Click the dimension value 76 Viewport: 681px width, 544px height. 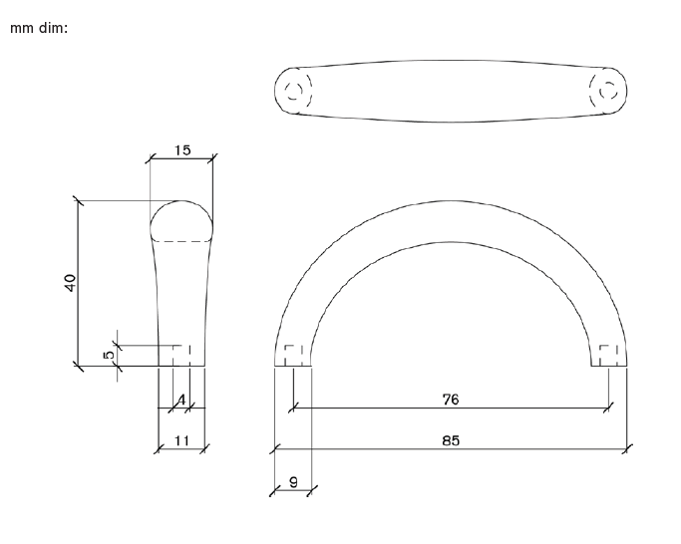pyautogui.click(x=451, y=399)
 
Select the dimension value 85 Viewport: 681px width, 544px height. pyautogui.click(x=451, y=439)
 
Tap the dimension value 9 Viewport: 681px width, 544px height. pyautogui.click(x=293, y=481)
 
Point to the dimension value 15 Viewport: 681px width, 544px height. pyautogui.click(x=181, y=150)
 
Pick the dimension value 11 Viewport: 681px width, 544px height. pyautogui.click(x=181, y=439)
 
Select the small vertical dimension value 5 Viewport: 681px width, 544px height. pyautogui.click(x=110, y=353)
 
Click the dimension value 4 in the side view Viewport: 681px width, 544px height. pyautogui.click(x=181, y=400)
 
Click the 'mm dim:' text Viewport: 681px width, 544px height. pyautogui.click(x=38, y=28)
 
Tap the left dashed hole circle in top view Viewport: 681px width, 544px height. pyautogui.click(x=293, y=91)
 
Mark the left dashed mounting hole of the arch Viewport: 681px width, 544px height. pyautogui.click(x=293, y=356)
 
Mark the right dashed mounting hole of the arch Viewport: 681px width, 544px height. pyautogui.click(x=609, y=356)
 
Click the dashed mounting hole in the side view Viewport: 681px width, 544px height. pyautogui.click(x=181, y=356)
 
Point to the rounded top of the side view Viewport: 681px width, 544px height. pyautogui.click(x=181, y=203)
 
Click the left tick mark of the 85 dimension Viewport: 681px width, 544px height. pyautogui.click(x=274, y=448)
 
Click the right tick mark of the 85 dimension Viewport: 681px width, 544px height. pyautogui.click(x=626, y=448)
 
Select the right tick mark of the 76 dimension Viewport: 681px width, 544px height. pyautogui.click(x=609, y=408)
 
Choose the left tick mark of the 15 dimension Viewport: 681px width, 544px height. pyautogui.click(x=150, y=158)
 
